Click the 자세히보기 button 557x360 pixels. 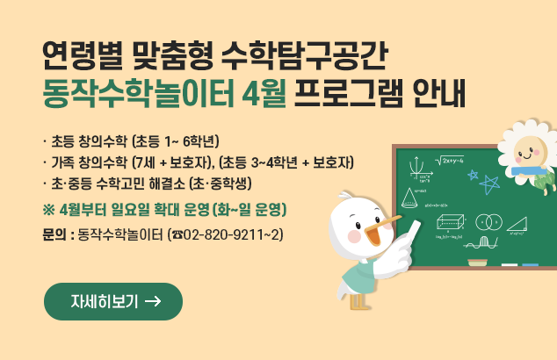113,301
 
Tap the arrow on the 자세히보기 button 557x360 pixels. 151,301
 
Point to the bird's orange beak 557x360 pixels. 377,230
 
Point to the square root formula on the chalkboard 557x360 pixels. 451,161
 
